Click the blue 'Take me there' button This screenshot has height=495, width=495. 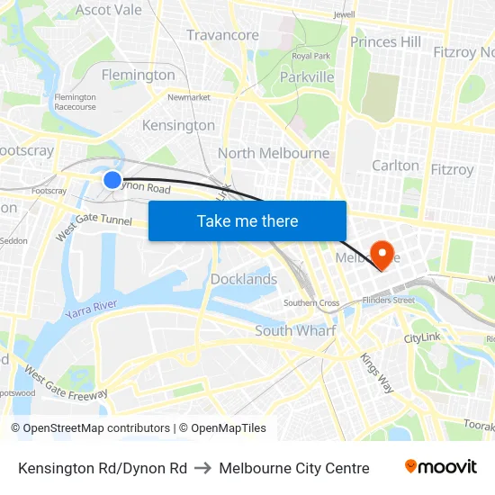coord(247,220)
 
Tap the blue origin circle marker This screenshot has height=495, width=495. coord(112,180)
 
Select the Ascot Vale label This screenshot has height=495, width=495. coord(109,10)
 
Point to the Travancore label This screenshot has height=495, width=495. coord(222,35)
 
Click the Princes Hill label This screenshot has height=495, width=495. coord(385,41)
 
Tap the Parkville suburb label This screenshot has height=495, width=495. coord(307,76)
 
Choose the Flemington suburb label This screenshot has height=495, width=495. coord(138,75)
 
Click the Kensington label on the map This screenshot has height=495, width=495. coord(178,125)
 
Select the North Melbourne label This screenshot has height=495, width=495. coord(274,153)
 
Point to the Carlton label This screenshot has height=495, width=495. coord(395,166)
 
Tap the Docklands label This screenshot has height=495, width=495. coord(244,279)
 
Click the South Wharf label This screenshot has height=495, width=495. coord(295,330)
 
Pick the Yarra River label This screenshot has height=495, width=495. coord(92,310)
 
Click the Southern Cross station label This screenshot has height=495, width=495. coord(311,303)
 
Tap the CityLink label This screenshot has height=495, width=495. coord(423,338)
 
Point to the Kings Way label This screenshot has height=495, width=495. coord(377,370)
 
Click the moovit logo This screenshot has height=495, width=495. coord(441,467)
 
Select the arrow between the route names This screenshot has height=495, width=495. coord(202,468)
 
